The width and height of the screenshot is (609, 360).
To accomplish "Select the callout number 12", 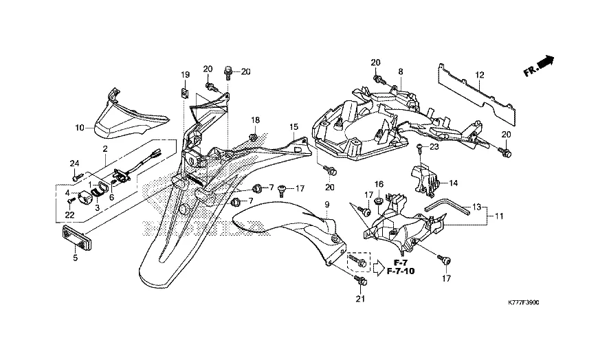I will coord(479,75).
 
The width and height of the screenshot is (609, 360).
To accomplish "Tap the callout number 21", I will coord(360,298).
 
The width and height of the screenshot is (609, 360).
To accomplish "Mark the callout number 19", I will coord(185,74).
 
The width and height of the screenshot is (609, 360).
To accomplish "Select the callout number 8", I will coord(400,71).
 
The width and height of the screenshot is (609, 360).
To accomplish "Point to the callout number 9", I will coord(327,205).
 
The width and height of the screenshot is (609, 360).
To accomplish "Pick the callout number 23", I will coord(434,146).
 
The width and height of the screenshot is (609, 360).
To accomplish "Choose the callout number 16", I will coord(378,184).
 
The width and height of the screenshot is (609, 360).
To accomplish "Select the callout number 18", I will coord(255,120).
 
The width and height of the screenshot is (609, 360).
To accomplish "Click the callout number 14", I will coord(454,183).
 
